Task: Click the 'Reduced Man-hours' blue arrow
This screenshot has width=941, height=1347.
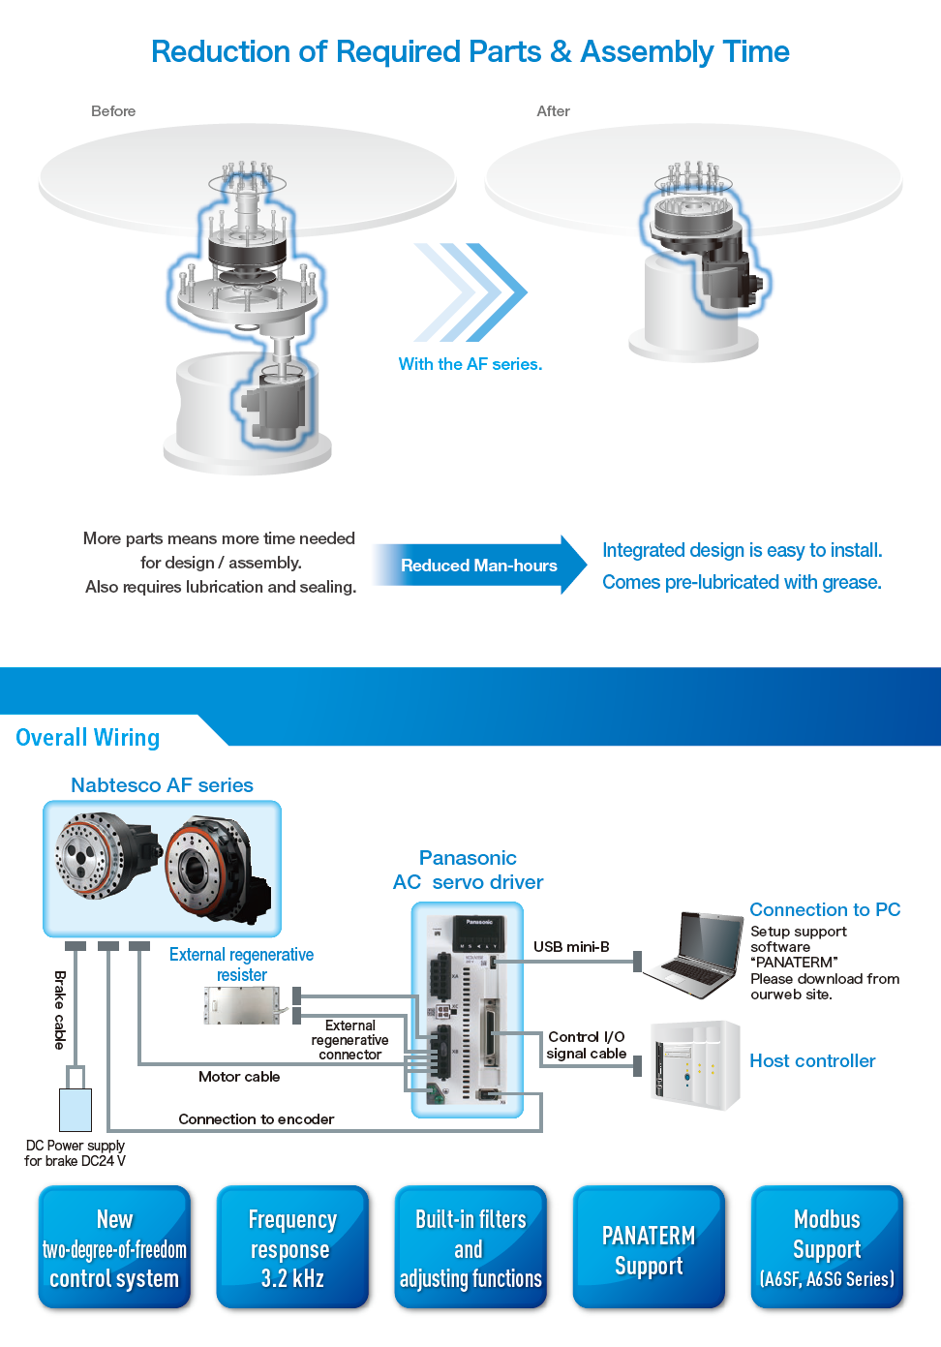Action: coord(479,566)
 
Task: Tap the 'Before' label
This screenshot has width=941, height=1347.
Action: coord(113,111)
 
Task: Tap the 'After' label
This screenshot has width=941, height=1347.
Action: coord(553,111)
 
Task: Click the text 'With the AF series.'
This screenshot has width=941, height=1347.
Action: coord(470,364)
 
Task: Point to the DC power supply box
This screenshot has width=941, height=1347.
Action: coord(76,1110)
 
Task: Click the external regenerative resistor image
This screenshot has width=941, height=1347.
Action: coord(242,1005)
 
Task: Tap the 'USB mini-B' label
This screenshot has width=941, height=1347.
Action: coord(571,947)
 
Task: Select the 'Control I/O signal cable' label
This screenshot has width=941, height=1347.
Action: coord(586,1045)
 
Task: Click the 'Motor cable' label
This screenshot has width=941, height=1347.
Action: coord(239,1077)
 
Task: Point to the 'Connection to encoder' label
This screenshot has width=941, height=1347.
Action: coord(257,1119)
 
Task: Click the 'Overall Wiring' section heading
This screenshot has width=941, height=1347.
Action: coord(88,738)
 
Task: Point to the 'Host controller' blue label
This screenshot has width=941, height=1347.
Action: coord(812,1061)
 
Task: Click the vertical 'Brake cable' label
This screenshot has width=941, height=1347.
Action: coord(60,1010)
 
